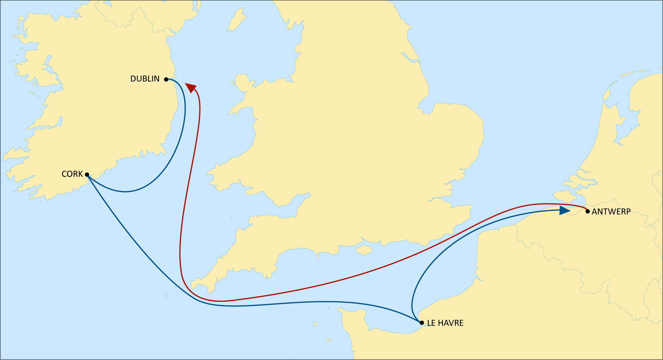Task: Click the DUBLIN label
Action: tap(145, 79)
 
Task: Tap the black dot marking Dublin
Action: tap(166, 79)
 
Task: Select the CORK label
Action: tap(72, 174)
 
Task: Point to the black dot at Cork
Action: tap(87, 175)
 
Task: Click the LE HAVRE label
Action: tap(445, 323)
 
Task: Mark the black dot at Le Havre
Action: tap(422, 323)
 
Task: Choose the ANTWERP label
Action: tap(611, 212)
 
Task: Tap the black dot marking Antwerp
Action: tap(587, 212)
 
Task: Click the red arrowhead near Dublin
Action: tap(191, 87)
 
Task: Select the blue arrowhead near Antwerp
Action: tap(564, 210)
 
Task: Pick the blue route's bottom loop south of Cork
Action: tap(125, 192)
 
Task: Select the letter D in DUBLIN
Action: tap(133, 79)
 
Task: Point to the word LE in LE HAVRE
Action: tap(431, 323)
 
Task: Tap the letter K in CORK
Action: tap(80, 174)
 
